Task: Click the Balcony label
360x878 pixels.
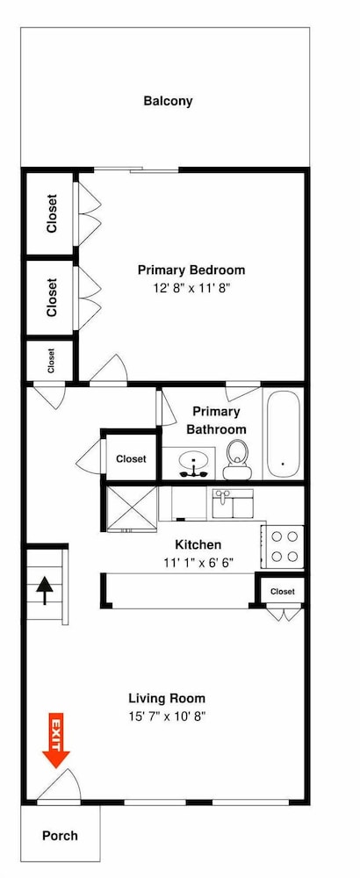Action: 168,101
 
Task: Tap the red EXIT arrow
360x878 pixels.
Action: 56,739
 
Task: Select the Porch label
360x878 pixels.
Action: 60,836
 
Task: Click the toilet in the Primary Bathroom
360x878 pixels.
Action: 237,460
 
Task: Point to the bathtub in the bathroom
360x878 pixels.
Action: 283,432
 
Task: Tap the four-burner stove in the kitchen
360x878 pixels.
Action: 284,546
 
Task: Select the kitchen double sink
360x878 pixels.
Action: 233,503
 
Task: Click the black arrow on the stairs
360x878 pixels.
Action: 45,591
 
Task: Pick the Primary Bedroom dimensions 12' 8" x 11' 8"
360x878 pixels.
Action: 191,288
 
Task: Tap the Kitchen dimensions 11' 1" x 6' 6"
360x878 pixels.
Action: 198,562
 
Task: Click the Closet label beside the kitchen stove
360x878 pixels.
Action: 282,591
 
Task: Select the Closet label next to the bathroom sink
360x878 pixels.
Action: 131,459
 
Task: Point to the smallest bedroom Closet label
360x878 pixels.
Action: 51,361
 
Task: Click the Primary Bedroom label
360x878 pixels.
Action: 191,270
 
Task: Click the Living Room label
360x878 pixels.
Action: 167,698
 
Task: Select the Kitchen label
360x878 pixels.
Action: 198,544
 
